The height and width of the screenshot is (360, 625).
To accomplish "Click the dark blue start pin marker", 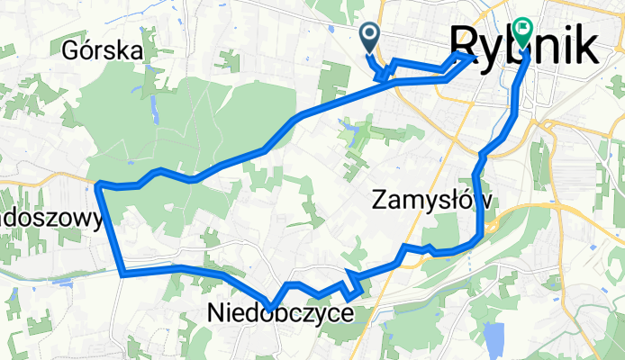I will click(370, 37).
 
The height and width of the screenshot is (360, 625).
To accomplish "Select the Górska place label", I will click(104, 51).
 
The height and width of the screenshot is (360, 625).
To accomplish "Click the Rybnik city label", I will click(522, 43).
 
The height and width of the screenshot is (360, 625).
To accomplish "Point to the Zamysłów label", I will click(431, 202).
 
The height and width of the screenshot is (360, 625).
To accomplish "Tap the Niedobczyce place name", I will click(280, 313).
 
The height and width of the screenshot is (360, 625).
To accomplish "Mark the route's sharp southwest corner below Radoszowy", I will click(122, 271).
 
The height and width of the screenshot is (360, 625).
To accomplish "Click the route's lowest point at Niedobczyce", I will click(269, 309).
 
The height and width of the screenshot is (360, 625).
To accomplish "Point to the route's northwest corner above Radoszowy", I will click(98, 185).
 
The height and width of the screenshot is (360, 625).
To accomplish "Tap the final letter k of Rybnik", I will click(583, 43).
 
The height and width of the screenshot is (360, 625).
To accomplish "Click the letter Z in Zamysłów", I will click(379, 202).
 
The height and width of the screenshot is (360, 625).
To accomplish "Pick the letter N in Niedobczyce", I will click(215, 313).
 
